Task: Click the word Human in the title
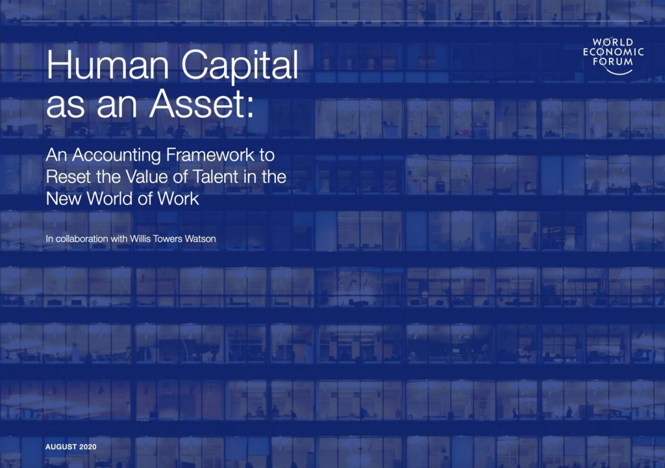point(108,64)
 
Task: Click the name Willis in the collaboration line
point(140,239)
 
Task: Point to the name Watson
point(200,239)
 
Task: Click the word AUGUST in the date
point(61,447)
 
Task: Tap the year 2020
point(88,447)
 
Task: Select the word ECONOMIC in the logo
point(613,52)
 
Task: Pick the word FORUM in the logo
point(613,62)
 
